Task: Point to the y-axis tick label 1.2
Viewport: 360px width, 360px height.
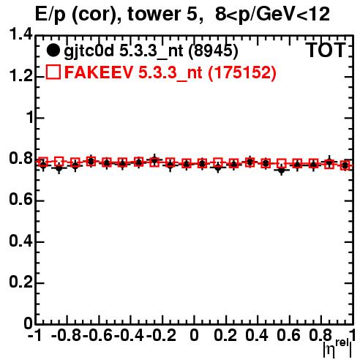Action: pyautogui.click(x=20, y=75)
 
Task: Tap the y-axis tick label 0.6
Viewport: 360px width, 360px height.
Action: pyautogui.click(x=20, y=200)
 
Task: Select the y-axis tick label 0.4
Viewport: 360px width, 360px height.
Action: pyautogui.click(x=20, y=241)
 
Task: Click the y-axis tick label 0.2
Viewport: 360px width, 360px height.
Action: pyautogui.click(x=20, y=282)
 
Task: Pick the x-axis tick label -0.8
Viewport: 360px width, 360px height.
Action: pyautogui.click(x=66, y=335)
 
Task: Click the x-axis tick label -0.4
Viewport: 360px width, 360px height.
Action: pyautogui.click(x=130, y=335)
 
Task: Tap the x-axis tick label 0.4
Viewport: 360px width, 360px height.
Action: pyautogui.click(x=257, y=335)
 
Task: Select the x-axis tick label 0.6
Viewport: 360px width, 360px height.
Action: pyautogui.click(x=288, y=335)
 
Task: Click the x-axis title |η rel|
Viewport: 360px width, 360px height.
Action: pyautogui.click(x=338, y=348)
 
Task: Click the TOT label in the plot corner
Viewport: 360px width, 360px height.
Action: pyautogui.click(x=326, y=50)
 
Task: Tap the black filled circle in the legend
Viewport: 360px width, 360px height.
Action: pyautogui.click(x=53, y=50)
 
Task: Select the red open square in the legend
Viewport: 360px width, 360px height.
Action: pyautogui.click(x=53, y=72)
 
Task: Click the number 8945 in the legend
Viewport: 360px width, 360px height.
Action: pyautogui.click(x=214, y=51)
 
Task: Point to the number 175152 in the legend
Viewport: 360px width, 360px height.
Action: pyautogui.click(x=242, y=72)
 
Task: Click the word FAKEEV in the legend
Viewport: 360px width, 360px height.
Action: pyautogui.click(x=100, y=72)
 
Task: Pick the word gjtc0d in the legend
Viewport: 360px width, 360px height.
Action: pyautogui.click(x=89, y=52)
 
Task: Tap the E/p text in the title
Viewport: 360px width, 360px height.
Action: pyautogui.click(x=50, y=15)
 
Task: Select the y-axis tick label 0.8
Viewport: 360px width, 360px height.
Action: pyautogui.click(x=20, y=158)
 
